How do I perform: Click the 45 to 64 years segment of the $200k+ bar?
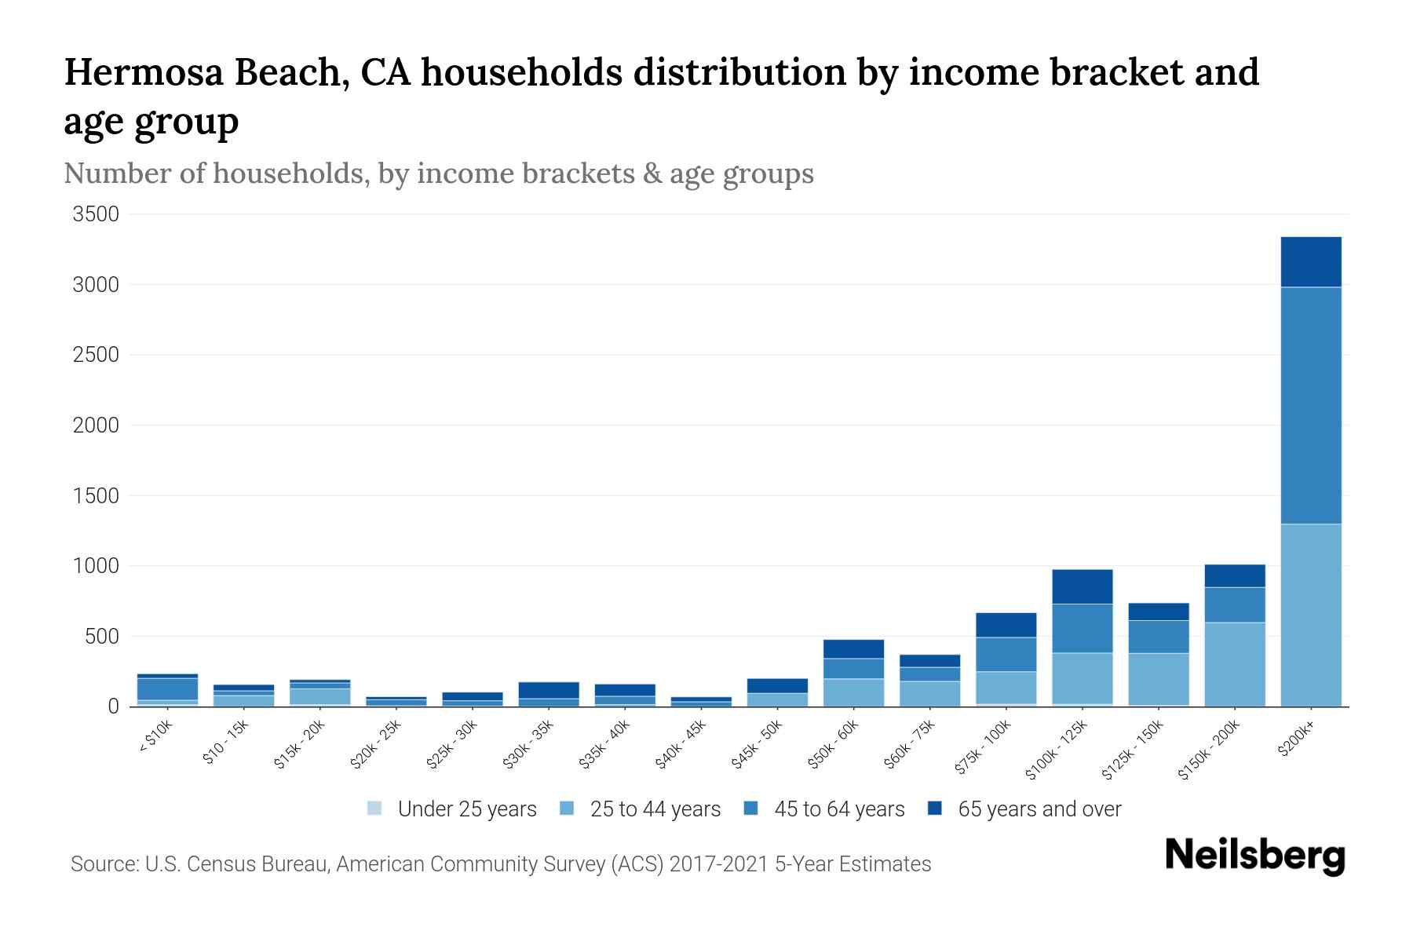point(1310,405)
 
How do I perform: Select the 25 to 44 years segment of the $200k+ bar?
point(1310,615)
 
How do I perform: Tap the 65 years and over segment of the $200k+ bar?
point(1310,262)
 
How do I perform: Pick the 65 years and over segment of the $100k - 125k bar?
point(1082,586)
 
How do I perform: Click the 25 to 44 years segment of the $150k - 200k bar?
point(1234,664)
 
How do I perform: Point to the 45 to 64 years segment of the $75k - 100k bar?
point(1006,654)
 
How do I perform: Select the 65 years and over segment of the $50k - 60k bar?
point(853,648)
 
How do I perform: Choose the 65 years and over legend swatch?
point(935,809)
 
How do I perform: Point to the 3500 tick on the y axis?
point(96,214)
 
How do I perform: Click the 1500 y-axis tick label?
point(96,496)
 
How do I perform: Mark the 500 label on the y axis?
point(101,637)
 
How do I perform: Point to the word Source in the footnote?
point(101,864)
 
